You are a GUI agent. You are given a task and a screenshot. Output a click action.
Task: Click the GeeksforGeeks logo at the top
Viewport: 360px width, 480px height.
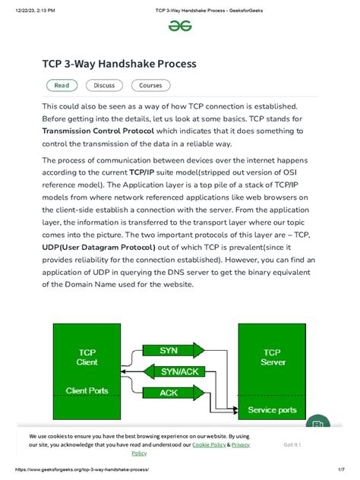point(180,26)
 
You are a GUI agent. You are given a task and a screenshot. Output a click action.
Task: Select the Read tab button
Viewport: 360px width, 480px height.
point(61,86)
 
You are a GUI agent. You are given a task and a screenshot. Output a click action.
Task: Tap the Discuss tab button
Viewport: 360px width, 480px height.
point(104,86)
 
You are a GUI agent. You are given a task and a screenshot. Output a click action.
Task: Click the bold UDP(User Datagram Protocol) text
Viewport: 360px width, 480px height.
point(99,247)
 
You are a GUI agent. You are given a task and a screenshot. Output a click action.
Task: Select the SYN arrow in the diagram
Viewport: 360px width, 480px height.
point(169,351)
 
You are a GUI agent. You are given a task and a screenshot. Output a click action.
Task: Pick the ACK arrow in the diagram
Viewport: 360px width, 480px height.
point(169,393)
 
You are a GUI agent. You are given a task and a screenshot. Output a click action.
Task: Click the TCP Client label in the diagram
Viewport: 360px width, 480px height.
point(87,357)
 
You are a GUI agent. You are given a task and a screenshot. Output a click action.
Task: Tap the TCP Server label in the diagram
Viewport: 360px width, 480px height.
point(271,357)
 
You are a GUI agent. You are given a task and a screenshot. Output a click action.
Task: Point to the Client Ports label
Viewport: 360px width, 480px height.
point(87,392)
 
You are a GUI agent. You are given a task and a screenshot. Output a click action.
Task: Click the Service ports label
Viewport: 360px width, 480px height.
point(272,410)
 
